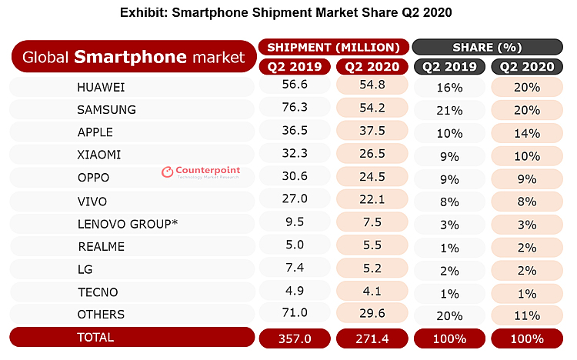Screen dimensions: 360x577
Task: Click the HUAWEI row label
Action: pyautogui.click(x=102, y=87)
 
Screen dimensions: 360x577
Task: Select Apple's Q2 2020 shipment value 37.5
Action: pyautogui.click(x=372, y=132)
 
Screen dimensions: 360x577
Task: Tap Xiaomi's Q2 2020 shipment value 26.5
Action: pyautogui.click(x=372, y=155)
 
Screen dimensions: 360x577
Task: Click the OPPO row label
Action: pyautogui.click(x=93, y=178)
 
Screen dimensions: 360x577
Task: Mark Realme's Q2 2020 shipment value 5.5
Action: pyautogui.click(x=372, y=246)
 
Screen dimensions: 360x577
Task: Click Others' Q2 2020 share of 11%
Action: pyautogui.click(x=527, y=314)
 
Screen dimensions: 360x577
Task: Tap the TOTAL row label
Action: pyautogui.click(x=95, y=338)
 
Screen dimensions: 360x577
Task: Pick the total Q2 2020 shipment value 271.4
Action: pyautogui.click(x=372, y=338)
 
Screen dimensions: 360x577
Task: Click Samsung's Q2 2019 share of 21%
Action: pyautogui.click(x=449, y=109)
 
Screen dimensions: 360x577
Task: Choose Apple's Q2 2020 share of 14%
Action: pyautogui.click(x=527, y=132)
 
